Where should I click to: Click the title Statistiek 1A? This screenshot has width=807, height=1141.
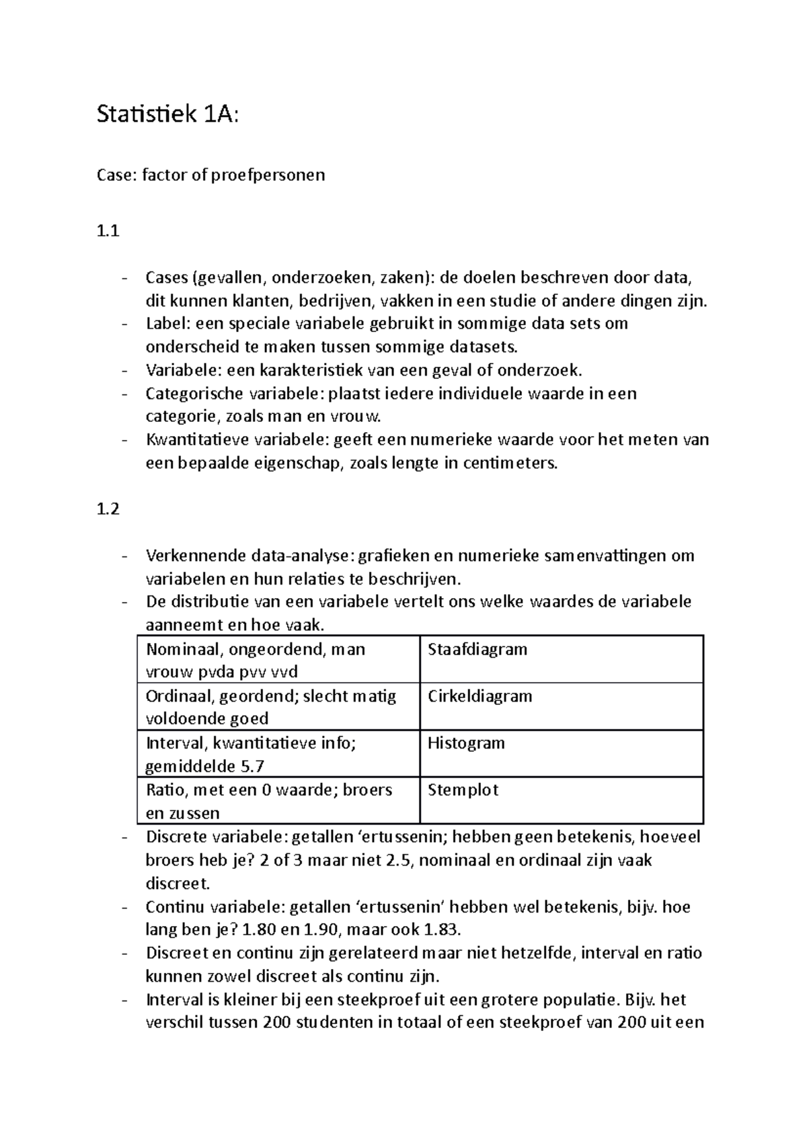167,115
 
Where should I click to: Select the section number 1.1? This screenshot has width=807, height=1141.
108,231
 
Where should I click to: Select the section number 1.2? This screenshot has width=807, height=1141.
108,509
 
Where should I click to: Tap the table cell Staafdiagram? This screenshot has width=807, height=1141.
477,649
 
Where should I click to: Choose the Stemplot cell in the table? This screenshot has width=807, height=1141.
463,790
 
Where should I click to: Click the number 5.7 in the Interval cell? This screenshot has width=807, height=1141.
252,766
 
